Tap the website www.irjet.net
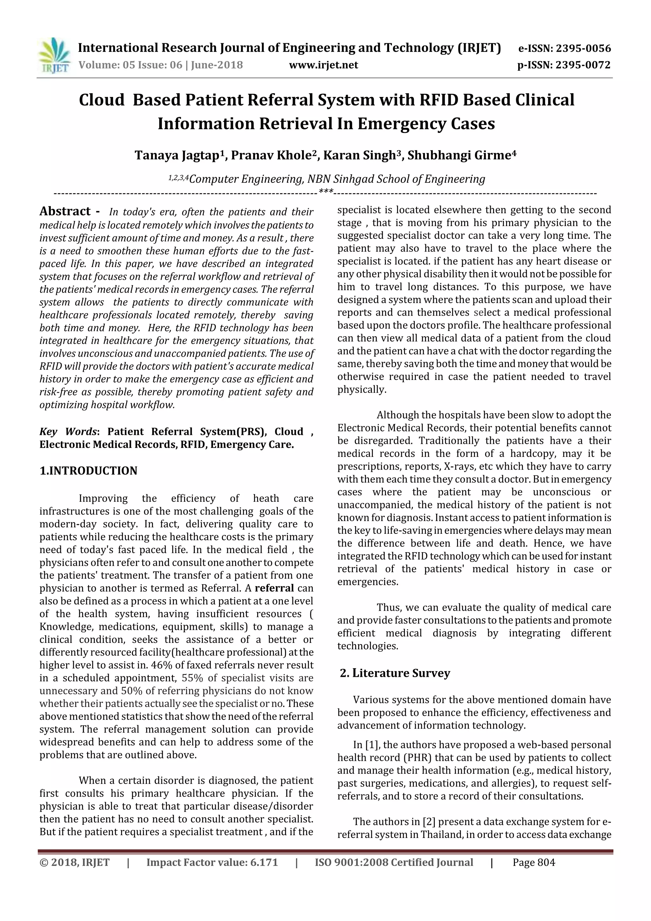tap(323, 65)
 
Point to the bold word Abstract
tap(65, 211)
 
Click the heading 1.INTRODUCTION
tap(88, 471)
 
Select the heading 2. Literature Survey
tap(395, 673)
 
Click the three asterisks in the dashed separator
tap(326, 192)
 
